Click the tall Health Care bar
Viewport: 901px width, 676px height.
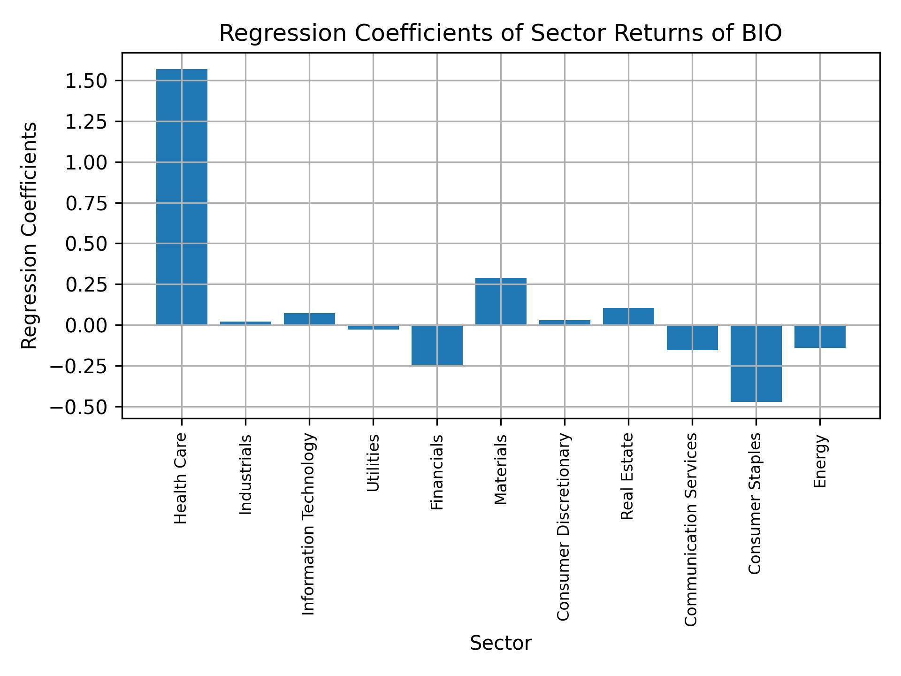(182, 197)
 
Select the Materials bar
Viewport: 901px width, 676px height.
(501, 301)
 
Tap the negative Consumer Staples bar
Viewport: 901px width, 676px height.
(756, 363)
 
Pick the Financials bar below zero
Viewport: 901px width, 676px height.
(437, 345)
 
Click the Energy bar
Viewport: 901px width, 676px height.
(820, 337)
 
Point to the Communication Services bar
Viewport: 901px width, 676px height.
(692, 338)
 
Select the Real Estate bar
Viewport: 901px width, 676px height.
(628, 316)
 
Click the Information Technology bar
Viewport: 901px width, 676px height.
(309, 319)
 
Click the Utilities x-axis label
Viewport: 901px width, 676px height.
(373, 463)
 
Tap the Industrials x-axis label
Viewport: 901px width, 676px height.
(245, 475)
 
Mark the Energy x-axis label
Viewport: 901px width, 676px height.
(820, 461)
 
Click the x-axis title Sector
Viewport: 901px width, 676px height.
(501, 643)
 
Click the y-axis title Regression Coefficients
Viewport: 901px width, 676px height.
(29, 236)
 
